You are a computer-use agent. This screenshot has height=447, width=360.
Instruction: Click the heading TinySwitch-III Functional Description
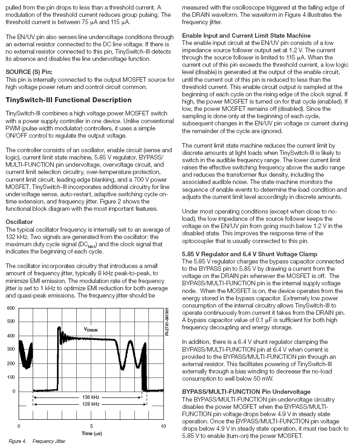(69, 100)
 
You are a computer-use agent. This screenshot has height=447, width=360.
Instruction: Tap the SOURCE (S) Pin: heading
(29, 72)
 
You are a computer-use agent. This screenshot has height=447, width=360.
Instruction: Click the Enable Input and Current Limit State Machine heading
(246, 35)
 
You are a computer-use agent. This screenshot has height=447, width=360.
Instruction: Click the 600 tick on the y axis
(10, 308)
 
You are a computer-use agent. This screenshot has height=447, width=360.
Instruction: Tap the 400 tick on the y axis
(10, 336)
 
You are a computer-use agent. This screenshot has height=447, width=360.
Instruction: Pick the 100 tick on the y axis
(10, 377)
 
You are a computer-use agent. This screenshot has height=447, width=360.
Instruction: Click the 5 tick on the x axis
(91, 426)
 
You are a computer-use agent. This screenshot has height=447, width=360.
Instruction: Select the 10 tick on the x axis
(163, 426)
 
